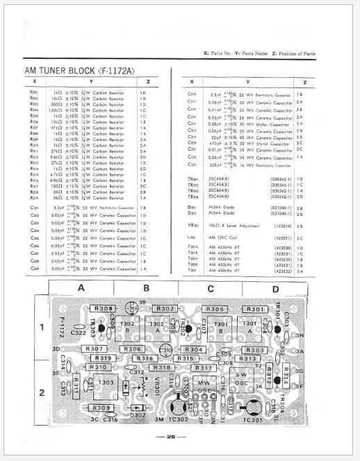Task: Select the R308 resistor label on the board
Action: click(103, 308)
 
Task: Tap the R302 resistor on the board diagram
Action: click(165, 308)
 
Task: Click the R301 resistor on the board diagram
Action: click(255, 309)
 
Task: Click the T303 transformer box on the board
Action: click(106, 383)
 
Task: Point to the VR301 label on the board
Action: click(157, 382)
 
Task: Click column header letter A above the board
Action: click(81, 287)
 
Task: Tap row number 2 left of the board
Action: click(41, 392)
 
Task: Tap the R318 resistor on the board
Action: click(161, 367)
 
